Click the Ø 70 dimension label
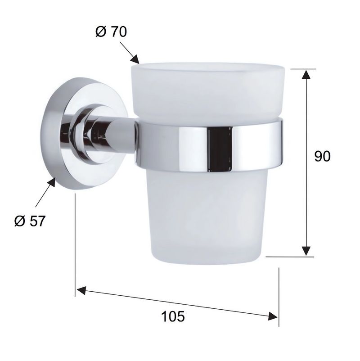111,32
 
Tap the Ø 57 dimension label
30,221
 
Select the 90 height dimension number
322,156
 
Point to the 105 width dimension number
173,316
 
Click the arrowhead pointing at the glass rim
135,59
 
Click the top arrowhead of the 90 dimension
306,74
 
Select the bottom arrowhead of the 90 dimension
306,251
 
